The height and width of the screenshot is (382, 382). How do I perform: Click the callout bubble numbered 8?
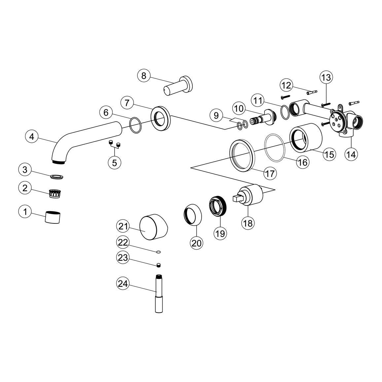click(144, 76)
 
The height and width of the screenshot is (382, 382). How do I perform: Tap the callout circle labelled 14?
click(351, 154)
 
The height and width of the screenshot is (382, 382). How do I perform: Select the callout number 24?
click(123, 284)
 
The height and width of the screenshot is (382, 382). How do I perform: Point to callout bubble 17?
click(270, 173)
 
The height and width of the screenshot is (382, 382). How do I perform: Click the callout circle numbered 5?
click(115, 162)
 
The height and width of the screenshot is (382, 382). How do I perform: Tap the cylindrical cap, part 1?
click(53, 217)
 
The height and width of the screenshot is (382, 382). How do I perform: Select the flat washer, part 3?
click(57, 176)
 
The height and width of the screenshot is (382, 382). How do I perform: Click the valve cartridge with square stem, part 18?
click(248, 194)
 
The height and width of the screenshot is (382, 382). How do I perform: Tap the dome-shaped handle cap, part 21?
click(154, 227)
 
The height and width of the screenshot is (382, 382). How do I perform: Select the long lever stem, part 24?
click(159, 293)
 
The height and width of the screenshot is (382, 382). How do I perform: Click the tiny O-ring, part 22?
click(158, 252)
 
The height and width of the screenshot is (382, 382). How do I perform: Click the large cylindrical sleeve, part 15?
click(306, 138)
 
